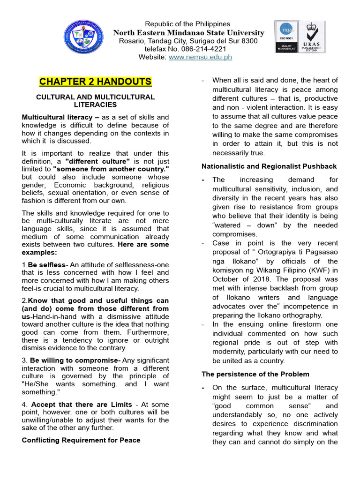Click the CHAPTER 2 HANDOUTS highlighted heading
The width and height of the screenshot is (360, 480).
coord(95,82)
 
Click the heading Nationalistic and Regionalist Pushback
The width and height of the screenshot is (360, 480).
coord(269,166)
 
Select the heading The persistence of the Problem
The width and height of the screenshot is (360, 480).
coord(255,374)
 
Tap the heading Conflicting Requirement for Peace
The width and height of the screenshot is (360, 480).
coord(81,440)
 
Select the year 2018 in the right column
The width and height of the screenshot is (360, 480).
coord(258,279)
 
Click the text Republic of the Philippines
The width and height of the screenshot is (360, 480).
coord(187,24)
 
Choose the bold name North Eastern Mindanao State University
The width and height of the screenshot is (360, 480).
coord(189,33)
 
